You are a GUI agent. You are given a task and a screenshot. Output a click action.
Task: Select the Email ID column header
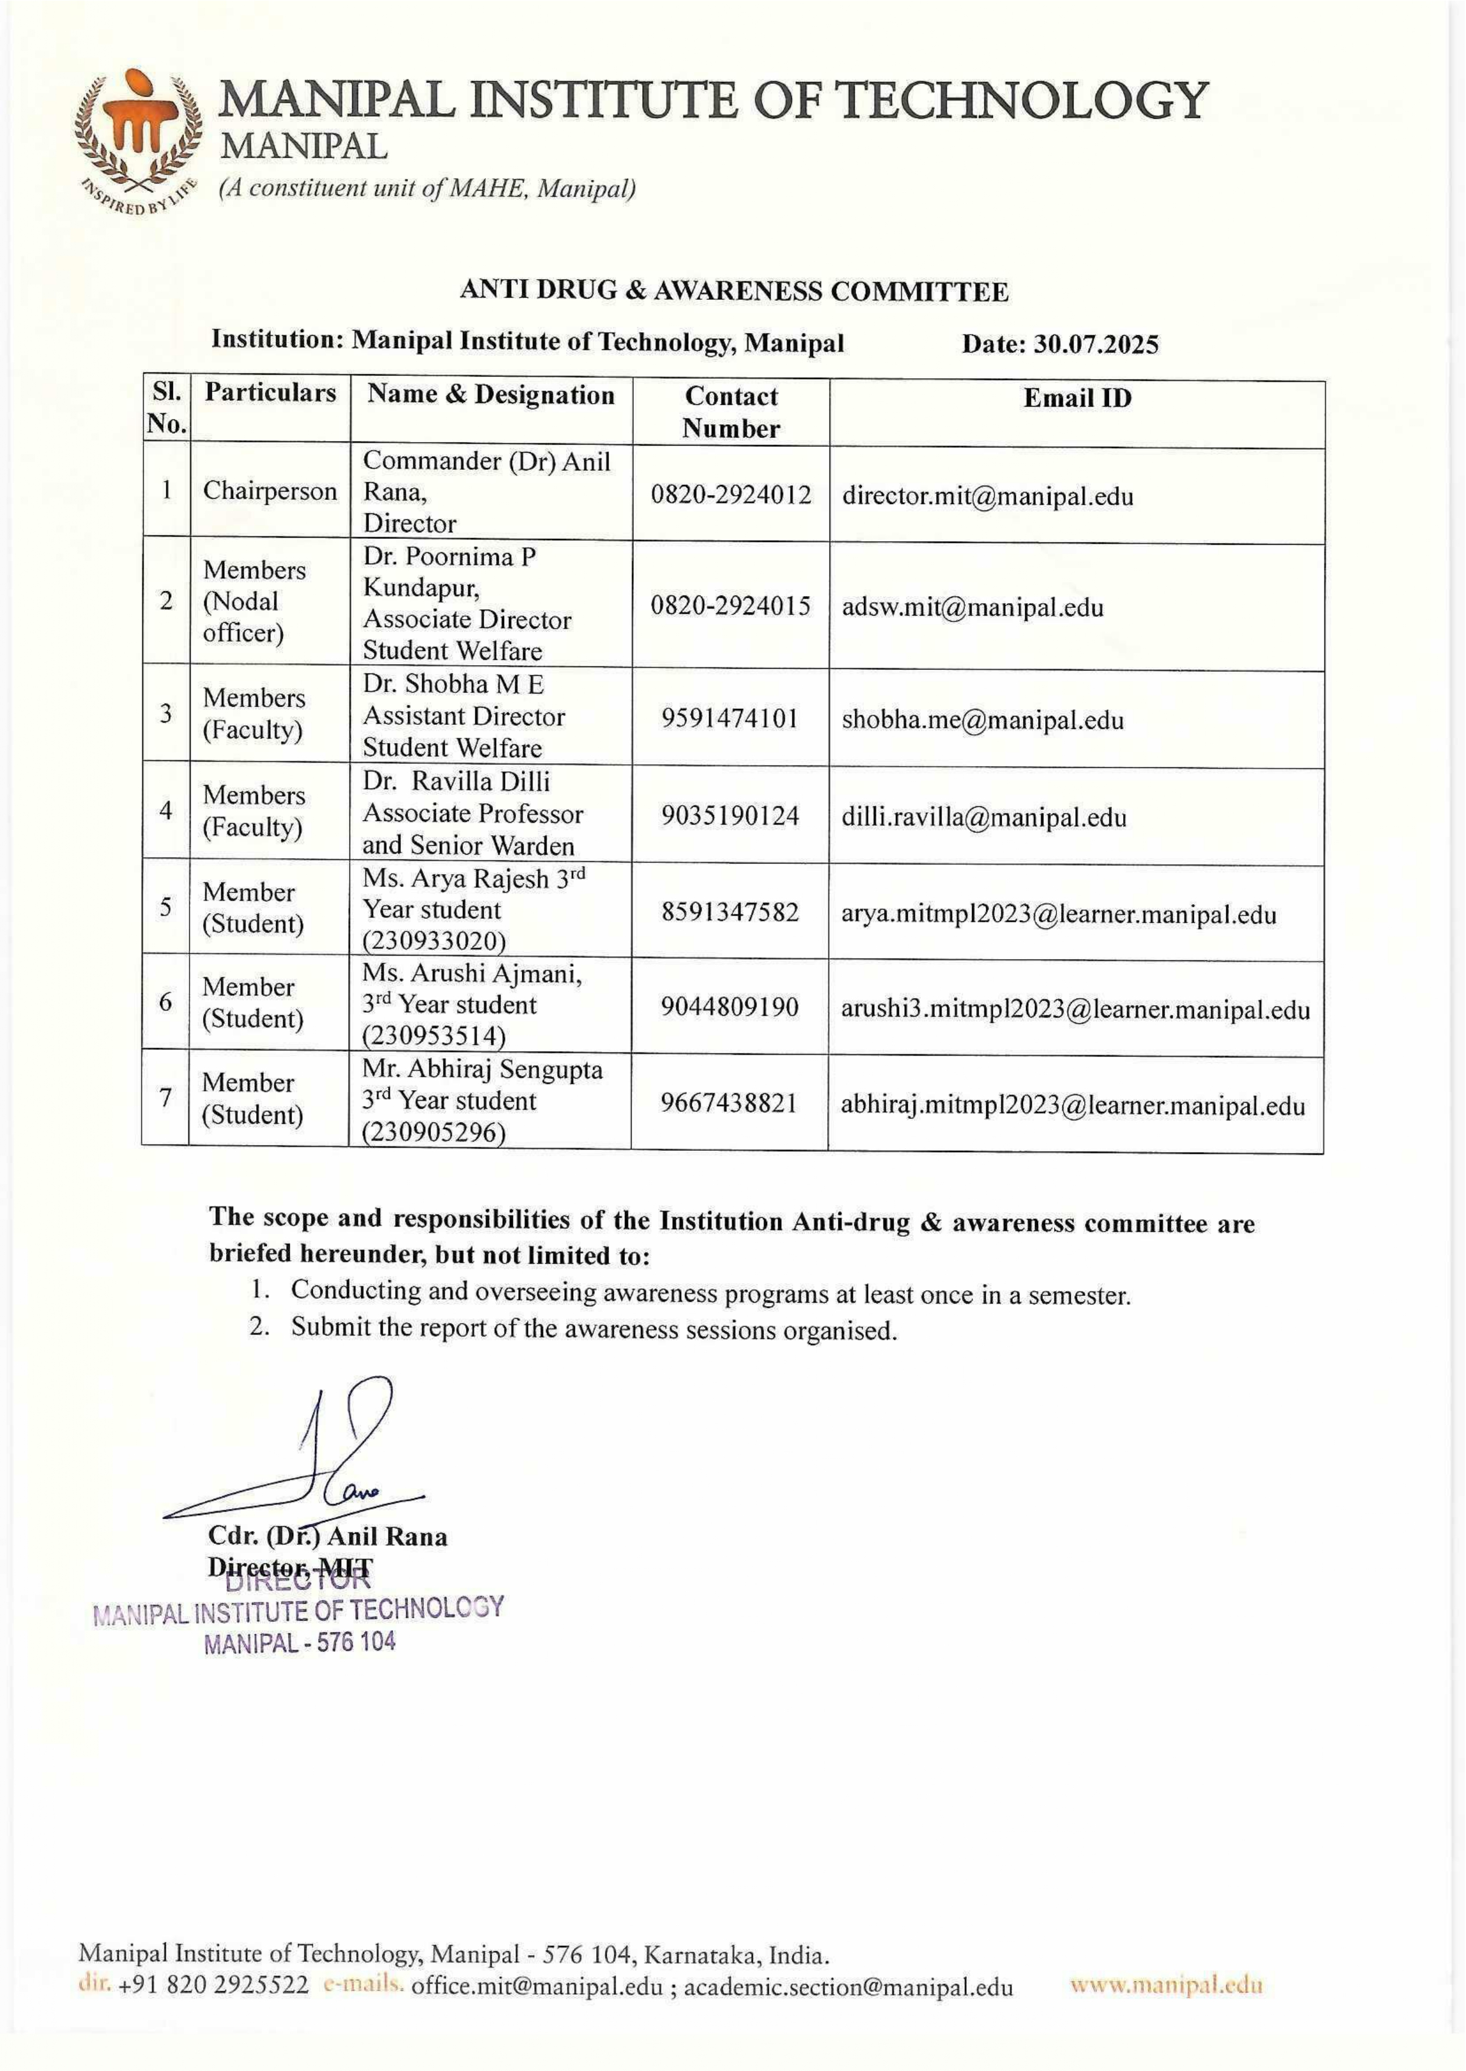(x=1077, y=398)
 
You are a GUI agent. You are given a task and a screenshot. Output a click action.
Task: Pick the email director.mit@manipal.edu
(x=987, y=496)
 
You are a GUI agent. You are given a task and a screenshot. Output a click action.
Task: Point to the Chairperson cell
(x=269, y=491)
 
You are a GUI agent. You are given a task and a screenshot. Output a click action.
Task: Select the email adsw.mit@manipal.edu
(x=972, y=607)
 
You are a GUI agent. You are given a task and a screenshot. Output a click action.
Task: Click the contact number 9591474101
(x=729, y=719)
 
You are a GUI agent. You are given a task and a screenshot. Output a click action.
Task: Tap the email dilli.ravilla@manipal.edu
(x=984, y=818)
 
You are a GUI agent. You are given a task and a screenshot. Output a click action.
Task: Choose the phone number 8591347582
(x=729, y=912)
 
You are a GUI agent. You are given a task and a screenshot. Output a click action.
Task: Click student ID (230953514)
(x=434, y=1035)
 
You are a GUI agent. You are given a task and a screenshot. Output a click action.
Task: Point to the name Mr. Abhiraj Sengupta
(x=482, y=1070)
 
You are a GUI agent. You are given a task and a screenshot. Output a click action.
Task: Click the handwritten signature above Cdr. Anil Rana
(x=334, y=1454)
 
